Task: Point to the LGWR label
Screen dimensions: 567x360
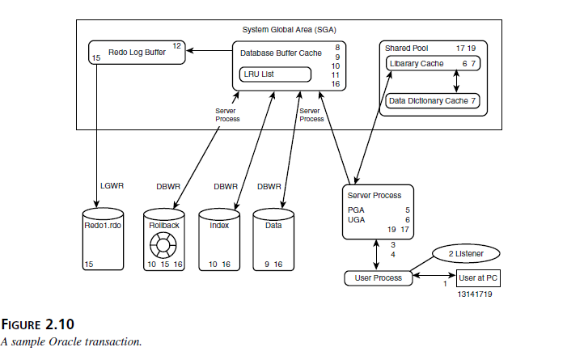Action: (112, 186)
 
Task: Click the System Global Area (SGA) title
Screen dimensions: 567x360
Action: (289, 30)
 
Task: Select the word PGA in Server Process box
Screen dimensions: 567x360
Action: (356, 210)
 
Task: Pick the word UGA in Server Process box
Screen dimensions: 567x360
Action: (356, 220)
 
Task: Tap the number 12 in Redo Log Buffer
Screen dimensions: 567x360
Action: (176, 46)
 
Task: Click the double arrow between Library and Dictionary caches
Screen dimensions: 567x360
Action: (456, 81)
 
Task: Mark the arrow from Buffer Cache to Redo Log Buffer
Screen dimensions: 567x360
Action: (209, 51)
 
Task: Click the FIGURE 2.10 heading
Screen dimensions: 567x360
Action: (37, 324)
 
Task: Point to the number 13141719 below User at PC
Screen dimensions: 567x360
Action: (475, 294)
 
